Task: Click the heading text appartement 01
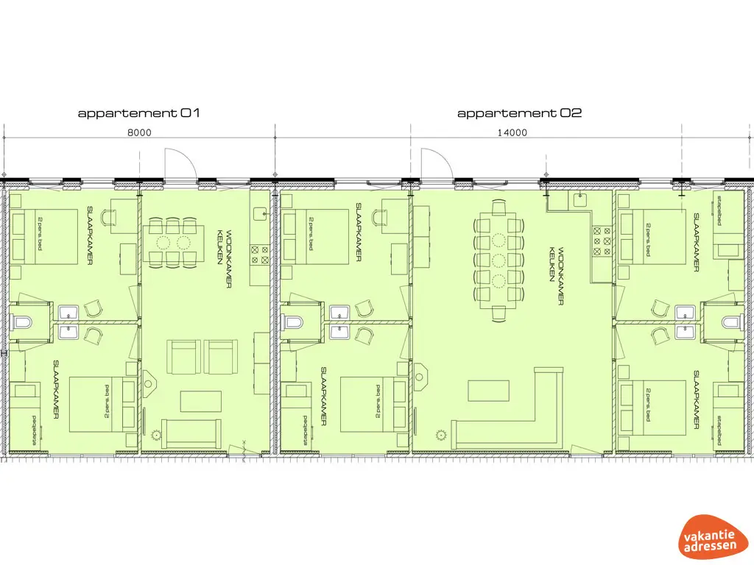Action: click(x=138, y=113)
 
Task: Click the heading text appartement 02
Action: click(x=520, y=113)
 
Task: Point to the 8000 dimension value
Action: click(x=139, y=132)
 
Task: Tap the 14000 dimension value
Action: click(x=512, y=132)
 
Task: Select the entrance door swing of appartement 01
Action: click(x=180, y=163)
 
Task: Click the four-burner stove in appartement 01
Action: click(x=260, y=255)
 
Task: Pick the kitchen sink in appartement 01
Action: click(x=260, y=214)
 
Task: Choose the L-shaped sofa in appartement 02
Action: click(x=515, y=427)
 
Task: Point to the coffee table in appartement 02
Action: click(x=488, y=390)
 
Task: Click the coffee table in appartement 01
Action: click(x=201, y=401)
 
